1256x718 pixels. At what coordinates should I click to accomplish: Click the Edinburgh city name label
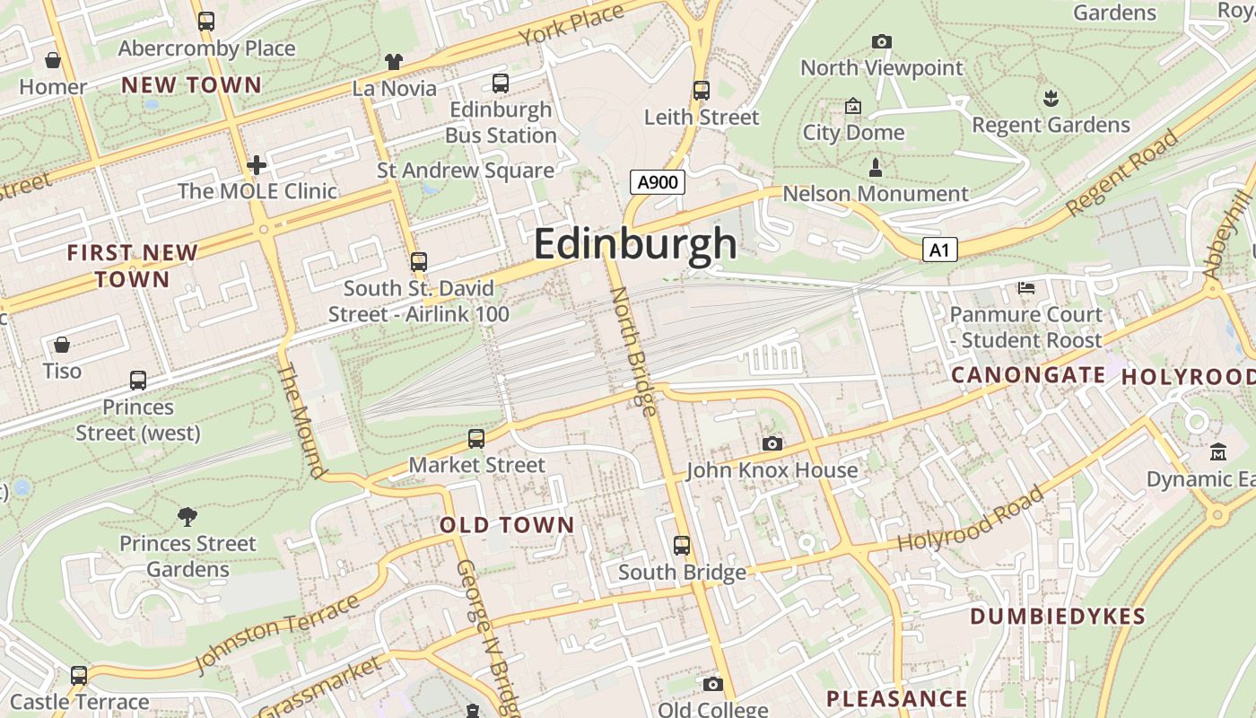[x=635, y=244]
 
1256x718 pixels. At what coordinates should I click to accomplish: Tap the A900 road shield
[x=657, y=183]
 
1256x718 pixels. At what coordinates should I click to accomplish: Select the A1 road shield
[x=938, y=250]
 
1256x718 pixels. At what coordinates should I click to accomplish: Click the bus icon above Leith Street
[x=702, y=90]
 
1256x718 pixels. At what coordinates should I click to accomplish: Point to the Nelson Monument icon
[x=876, y=167]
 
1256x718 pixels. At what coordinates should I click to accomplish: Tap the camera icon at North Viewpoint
[x=882, y=41]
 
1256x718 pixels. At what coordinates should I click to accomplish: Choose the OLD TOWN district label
[x=507, y=525]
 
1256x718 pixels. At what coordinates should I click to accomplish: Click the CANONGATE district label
[x=1028, y=375]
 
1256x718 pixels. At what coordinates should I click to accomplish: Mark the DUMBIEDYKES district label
[x=1058, y=617]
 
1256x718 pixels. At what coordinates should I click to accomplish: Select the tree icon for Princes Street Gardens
[x=188, y=516]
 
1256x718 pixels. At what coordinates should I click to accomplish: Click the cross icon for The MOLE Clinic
[x=257, y=164]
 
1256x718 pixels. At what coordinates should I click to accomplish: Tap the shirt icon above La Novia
[x=394, y=61]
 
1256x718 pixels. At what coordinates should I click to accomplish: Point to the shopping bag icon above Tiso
[x=62, y=345]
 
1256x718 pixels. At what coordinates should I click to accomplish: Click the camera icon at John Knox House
[x=772, y=443]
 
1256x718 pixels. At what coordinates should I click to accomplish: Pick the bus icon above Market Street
[x=476, y=438]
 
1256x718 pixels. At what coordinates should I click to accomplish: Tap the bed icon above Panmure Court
[x=1026, y=288]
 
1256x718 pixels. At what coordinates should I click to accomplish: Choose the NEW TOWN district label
[x=191, y=85]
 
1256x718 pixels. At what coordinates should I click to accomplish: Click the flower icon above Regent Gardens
[x=1051, y=97]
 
